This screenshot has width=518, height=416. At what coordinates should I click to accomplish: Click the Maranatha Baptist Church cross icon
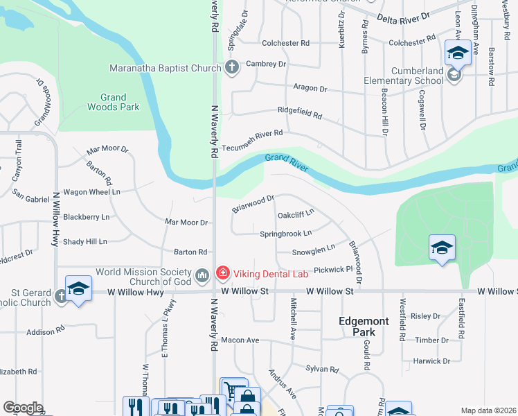point(232,68)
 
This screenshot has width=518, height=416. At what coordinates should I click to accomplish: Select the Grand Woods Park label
point(113,103)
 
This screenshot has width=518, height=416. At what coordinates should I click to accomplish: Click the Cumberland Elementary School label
point(403,76)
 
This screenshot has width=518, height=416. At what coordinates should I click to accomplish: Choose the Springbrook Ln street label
point(285,234)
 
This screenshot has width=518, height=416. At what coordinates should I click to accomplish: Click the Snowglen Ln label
point(313,248)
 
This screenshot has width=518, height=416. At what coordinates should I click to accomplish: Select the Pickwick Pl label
point(334,268)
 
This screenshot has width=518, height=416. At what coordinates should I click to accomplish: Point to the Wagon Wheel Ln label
point(91,191)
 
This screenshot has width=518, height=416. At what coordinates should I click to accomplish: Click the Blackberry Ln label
point(86,217)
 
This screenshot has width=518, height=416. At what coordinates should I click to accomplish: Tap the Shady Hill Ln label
point(84,242)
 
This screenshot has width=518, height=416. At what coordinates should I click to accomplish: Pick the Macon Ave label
point(240,340)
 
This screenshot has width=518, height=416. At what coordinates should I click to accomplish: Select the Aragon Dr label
point(309,89)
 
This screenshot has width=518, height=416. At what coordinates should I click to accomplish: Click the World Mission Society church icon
point(202,276)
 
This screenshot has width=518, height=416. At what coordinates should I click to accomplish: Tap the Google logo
point(23,408)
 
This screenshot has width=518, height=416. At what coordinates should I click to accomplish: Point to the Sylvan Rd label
point(323,370)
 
